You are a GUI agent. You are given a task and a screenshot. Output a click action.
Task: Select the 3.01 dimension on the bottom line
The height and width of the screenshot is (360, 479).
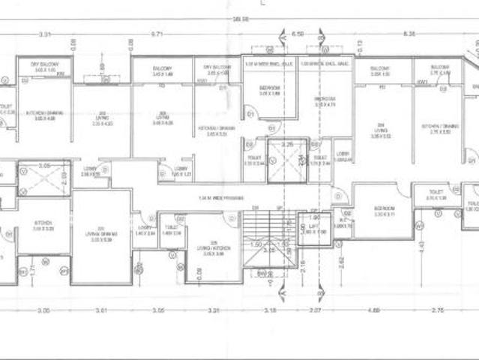pos(103,310)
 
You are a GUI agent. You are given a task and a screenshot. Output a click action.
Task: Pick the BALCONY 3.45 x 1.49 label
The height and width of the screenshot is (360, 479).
pos(162,72)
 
